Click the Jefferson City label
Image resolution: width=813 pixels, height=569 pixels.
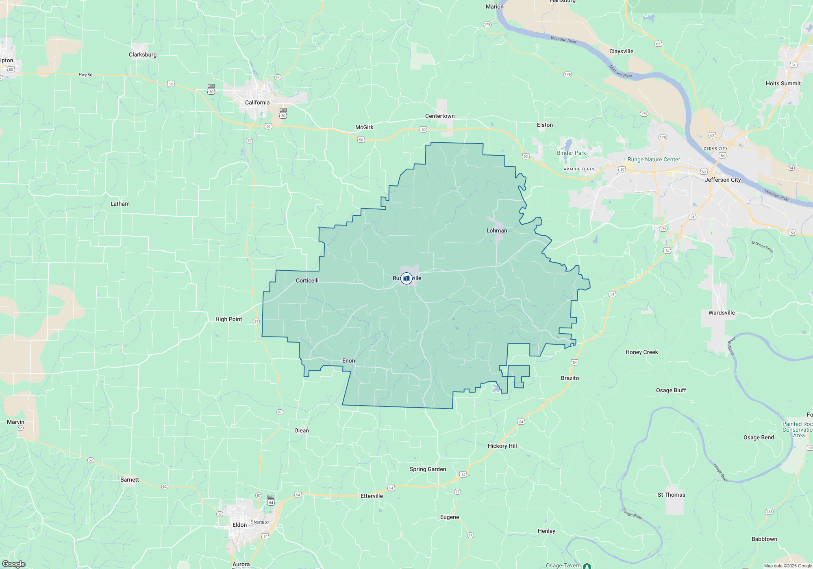point(723,180)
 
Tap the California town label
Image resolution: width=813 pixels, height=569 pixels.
point(257,102)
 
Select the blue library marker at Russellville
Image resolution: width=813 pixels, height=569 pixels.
point(406,278)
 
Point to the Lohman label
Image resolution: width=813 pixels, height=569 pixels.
point(497,230)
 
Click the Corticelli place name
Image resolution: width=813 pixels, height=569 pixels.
point(307,280)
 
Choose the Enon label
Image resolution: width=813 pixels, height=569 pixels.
point(348,361)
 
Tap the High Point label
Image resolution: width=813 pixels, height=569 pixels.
point(228,319)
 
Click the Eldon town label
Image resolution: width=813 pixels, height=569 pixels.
point(239,525)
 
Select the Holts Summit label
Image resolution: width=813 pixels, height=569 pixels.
point(783,83)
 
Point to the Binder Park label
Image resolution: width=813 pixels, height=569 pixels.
point(571,153)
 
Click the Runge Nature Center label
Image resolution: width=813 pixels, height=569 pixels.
point(654,159)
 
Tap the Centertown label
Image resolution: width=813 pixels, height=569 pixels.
point(440,116)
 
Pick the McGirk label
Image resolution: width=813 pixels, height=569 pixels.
point(364,127)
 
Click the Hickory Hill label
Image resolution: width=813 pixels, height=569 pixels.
point(502,446)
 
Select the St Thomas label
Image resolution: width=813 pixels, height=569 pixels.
point(671,495)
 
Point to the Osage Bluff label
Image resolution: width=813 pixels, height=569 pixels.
point(671,390)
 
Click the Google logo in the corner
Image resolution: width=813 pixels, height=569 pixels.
point(13,564)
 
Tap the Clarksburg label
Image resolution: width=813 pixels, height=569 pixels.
point(142,54)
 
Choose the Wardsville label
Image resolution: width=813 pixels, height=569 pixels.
point(722,313)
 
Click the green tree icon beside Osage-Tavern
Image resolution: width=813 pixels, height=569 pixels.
point(587,566)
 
